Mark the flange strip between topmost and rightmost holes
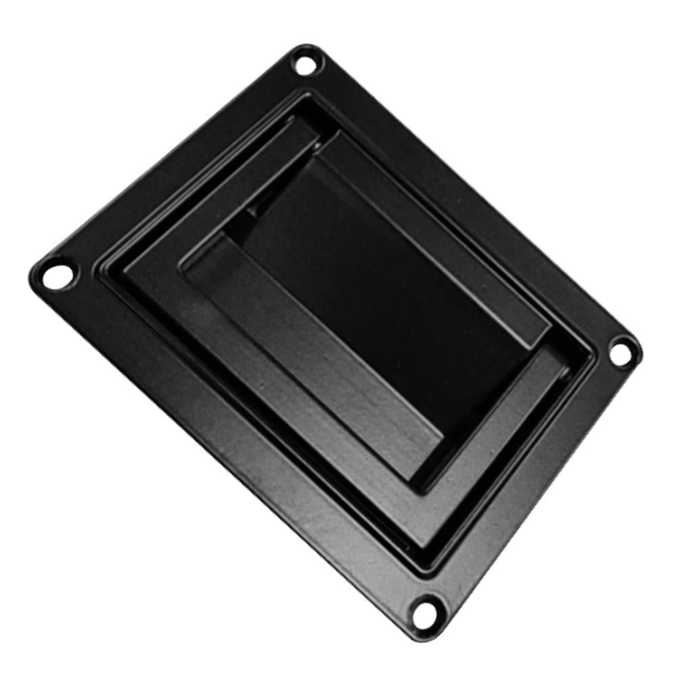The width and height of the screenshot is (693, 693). click(474, 196)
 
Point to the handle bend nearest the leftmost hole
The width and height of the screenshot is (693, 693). click(125, 267)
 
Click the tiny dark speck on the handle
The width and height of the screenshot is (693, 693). click(366, 458)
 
